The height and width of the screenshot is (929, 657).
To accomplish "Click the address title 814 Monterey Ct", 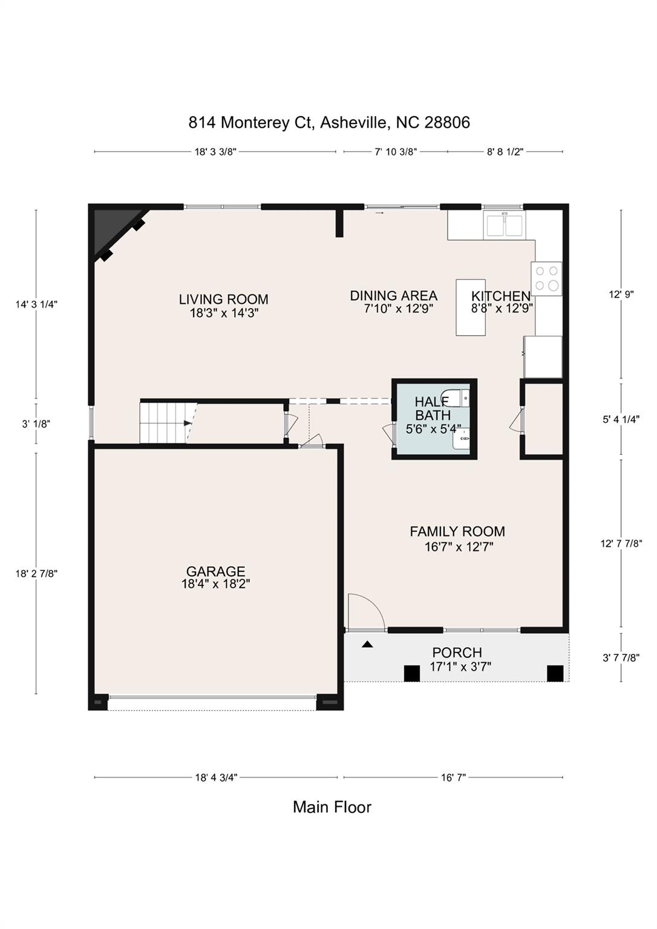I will pyautogui.click(x=329, y=123).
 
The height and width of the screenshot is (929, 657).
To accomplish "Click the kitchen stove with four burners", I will pyautogui.click(x=546, y=278).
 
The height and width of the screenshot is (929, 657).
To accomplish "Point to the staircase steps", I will pyautogui.click(x=162, y=423).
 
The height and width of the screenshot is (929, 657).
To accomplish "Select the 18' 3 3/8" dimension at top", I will pyautogui.click(x=215, y=152).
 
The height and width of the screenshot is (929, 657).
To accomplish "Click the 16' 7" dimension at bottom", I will pyautogui.click(x=453, y=778).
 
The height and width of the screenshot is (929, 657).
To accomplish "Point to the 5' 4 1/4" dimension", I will pyautogui.click(x=621, y=419).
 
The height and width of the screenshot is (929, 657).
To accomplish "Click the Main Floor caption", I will pyautogui.click(x=332, y=807).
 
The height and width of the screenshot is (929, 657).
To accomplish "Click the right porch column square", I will pyautogui.click(x=555, y=673).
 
